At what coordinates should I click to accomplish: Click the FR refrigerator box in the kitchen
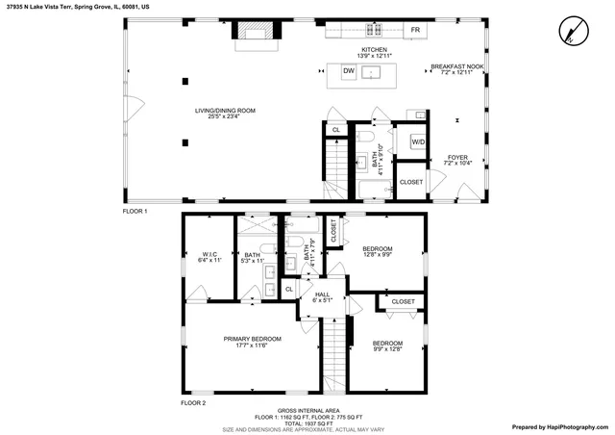pyautogui.click(x=415, y=31)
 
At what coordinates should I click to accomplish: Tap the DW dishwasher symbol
pyautogui.click(x=349, y=71)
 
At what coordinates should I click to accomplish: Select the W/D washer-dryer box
pyautogui.click(x=418, y=142)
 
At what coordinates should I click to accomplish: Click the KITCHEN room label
pyautogui.click(x=375, y=49)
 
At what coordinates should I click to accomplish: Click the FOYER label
pyautogui.click(x=456, y=158)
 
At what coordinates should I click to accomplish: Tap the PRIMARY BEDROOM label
pyautogui.click(x=252, y=340)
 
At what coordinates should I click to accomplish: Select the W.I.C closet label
pyautogui.click(x=209, y=255)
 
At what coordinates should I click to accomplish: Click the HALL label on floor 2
pyautogui.click(x=322, y=295)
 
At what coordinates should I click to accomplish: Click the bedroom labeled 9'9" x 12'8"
pyautogui.click(x=387, y=344)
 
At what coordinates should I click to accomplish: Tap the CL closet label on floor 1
pyautogui.click(x=336, y=130)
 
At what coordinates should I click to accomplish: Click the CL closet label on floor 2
pyautogui.click(x=289, y=289)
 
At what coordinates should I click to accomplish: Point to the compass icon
pyautogui.click(x=573, y=32)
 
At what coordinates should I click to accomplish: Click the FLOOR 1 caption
pyautogui.click(x=135, y=211)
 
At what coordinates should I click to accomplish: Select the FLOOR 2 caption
pyautogui.click(x=193, y=402)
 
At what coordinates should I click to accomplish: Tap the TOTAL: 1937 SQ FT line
pyautogui.click(x=307, y=423)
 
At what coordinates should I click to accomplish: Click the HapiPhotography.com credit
pyautogui.click(x=558, y=426)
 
